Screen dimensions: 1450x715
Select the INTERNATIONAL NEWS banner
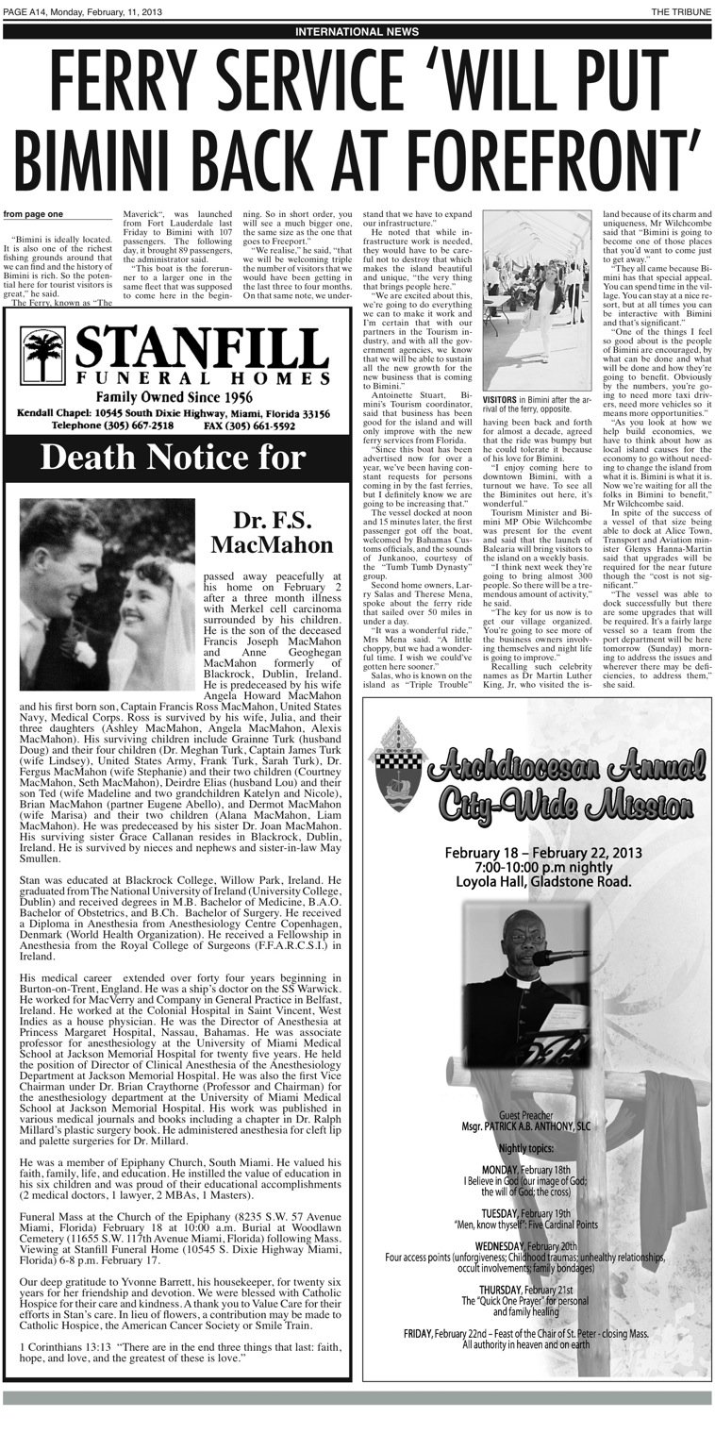tap(357, 31)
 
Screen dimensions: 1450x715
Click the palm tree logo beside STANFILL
tap(43, 356)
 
